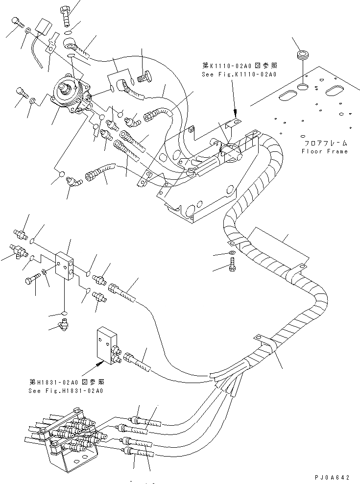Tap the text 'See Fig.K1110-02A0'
(239, 75)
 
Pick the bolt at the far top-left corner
(18, 21)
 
